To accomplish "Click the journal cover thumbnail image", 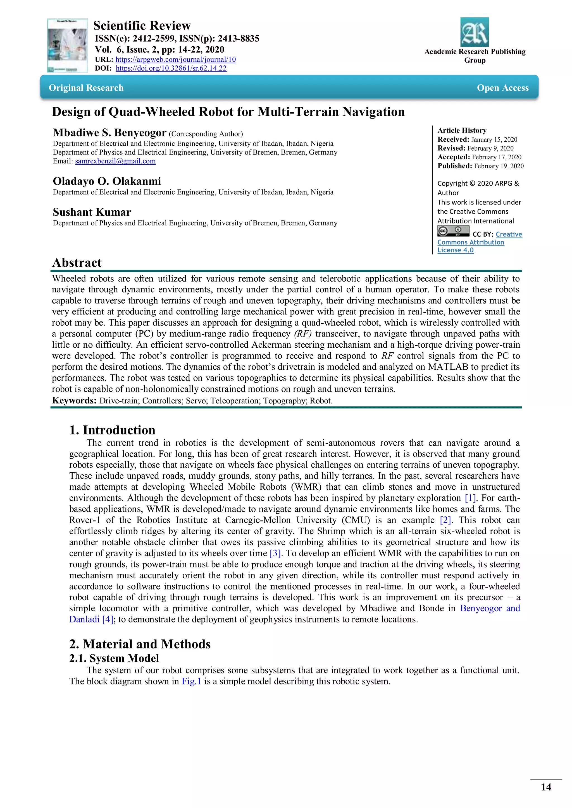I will tap(67, 45).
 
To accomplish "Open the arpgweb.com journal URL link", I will tap(175, 59).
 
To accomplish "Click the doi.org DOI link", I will tap(171, 68).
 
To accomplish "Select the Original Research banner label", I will tap(86, 88).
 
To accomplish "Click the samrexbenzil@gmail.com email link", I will tap(115, 161).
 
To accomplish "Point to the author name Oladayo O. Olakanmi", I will tap(107, 181).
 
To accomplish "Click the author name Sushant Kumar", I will tap(92, 212).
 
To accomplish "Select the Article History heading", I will tap(462, 131).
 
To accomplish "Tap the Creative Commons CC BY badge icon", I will tap(453, 231).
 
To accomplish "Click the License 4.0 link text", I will tap(455, 250).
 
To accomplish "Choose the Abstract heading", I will tap(77, 263).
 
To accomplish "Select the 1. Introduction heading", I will tap(112, 430).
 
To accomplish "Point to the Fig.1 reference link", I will tap(191, 681).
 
